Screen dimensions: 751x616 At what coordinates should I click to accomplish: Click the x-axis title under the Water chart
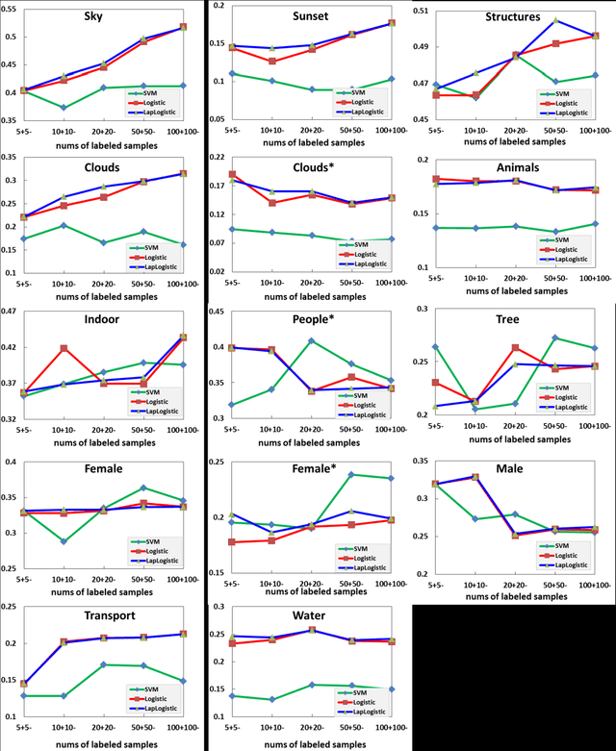(x=311, y=740)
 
